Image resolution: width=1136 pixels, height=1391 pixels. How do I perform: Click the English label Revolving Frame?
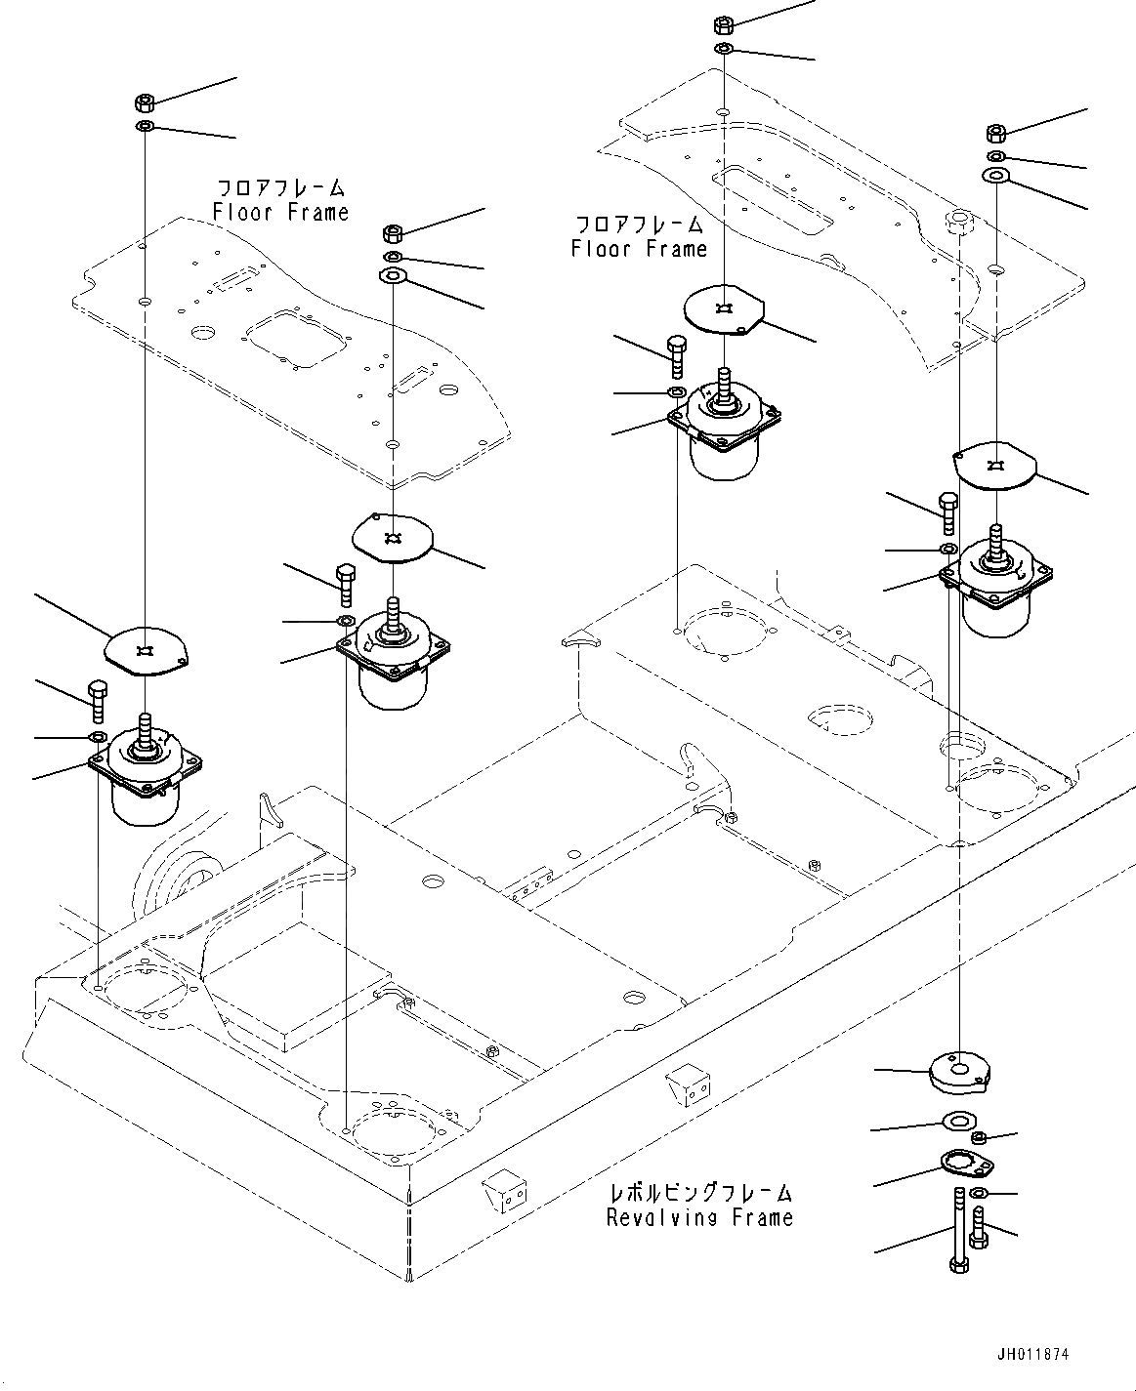(699, 1217)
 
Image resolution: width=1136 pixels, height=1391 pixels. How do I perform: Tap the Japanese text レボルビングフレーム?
(699, 1193)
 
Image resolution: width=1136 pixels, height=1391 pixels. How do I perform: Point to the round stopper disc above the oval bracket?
(958, 1072)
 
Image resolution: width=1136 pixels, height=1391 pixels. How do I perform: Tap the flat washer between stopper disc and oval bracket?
(955, 1120)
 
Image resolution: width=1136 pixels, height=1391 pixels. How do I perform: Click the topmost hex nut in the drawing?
(725, 23)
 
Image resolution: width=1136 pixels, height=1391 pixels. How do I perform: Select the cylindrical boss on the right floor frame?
(959, 222)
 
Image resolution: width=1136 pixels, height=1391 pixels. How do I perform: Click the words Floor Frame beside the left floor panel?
(280, 212)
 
